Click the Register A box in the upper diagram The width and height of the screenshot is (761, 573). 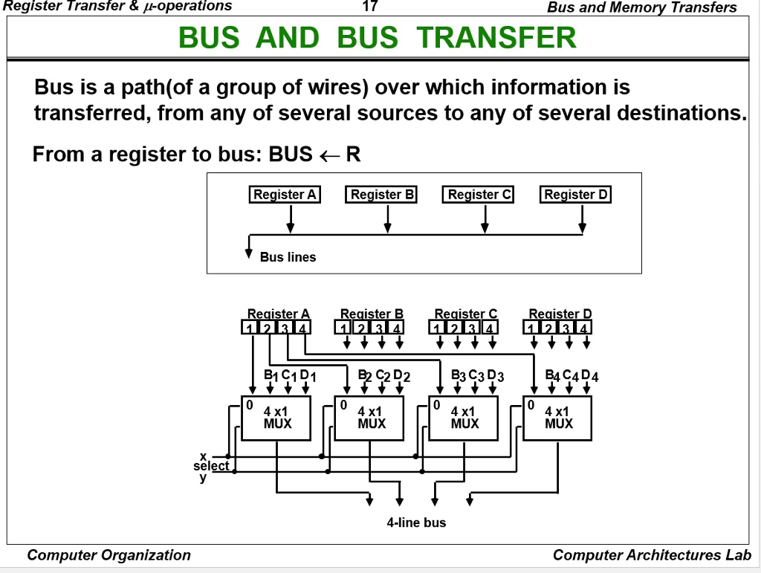coord(285,195)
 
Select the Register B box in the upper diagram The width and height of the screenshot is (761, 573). coord(382,195)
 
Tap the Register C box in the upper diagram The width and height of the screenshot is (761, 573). coord(479,195)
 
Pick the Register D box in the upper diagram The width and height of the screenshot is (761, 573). coord(576,195)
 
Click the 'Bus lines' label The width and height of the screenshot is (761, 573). coord(288,257)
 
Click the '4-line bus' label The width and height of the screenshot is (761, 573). coord(416,522)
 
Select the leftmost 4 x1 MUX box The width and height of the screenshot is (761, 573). coord(276,418)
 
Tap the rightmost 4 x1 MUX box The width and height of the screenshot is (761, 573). coord(558,418)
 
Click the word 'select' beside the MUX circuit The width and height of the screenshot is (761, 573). coord(211,466)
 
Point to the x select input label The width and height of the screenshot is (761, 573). coord(202,456)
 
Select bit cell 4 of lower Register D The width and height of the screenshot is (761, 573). coord(585,327)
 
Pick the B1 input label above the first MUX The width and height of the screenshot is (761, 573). coord(271,375)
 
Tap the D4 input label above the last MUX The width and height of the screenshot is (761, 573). coord(589,375)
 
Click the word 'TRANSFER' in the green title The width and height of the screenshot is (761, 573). coord(496,37)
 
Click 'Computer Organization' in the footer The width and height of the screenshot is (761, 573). coord(109,555)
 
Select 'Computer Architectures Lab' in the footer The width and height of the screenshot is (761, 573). coord(652,555)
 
